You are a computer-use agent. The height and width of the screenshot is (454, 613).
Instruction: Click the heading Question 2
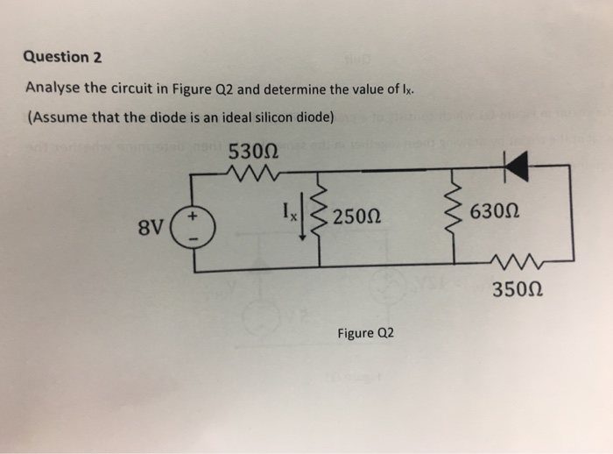62,58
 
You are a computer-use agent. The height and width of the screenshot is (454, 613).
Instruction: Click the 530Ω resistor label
253,152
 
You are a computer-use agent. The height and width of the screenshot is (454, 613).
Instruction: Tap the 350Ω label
518,289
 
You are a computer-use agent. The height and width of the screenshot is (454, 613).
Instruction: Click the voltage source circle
194,230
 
